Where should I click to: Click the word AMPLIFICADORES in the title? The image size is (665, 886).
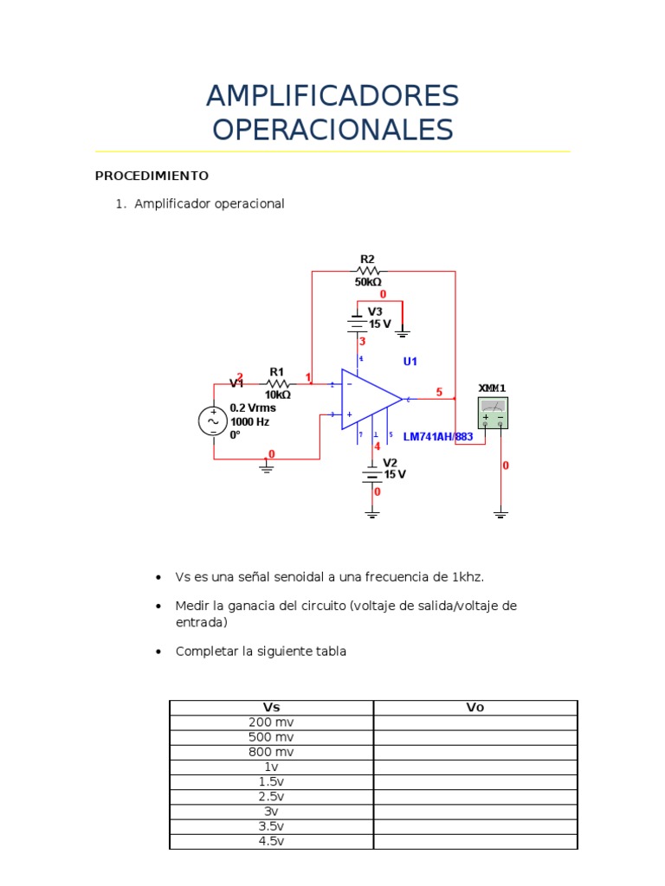coord(332,96)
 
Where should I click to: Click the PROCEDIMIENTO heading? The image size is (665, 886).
coord(152,176)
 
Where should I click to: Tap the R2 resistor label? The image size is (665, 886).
coord(367,259)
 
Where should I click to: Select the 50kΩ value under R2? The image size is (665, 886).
coord(368,281)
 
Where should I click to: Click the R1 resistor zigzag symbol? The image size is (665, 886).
coord(276,382)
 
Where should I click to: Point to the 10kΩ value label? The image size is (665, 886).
coord(277,395)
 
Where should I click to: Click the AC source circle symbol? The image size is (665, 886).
coord(213,421)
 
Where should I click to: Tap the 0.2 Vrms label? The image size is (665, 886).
coord(252,408)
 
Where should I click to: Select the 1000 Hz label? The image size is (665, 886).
coord(249,421)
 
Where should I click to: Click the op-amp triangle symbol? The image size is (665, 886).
coord(368,400)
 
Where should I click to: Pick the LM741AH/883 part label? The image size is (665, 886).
coord(438,437)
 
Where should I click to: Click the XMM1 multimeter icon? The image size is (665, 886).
coord(493,413)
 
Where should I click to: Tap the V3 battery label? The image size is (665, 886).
coord(375,311)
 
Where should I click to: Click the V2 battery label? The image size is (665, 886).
coord(391,462)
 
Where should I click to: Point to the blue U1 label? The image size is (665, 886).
coord(410,361)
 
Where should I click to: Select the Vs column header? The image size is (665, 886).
coord(272,708)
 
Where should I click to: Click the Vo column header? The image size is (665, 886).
coord(475,708)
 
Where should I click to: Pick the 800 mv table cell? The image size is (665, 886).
coord(272,752)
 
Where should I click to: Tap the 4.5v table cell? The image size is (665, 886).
coord(272,841)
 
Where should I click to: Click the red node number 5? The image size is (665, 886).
coord(439,392)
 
